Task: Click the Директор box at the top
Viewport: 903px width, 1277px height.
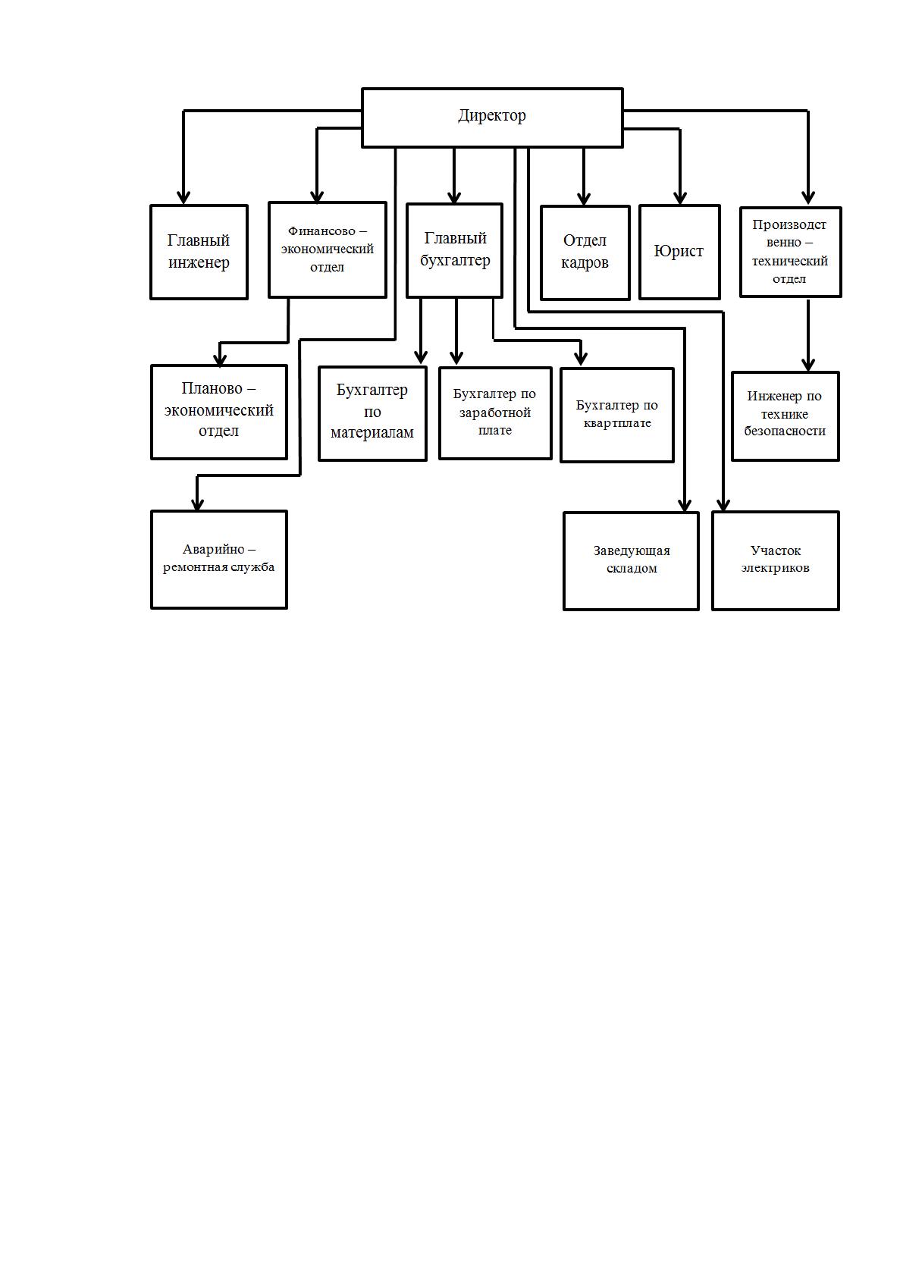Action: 492,118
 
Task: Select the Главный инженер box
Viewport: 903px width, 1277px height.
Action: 199,252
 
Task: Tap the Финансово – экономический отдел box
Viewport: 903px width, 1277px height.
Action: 328,249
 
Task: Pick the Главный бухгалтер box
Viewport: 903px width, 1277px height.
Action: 454,250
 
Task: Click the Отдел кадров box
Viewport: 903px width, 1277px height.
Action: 585,253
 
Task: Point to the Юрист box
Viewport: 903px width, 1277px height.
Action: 679,252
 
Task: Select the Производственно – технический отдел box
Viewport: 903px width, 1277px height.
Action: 790,252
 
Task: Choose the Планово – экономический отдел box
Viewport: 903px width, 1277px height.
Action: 219,412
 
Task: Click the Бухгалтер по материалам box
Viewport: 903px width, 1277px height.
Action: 372,413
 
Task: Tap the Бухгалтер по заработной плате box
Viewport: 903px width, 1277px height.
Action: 495,413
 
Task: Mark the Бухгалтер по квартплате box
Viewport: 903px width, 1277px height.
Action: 617,415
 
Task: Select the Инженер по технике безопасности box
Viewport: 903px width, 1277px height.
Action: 785,416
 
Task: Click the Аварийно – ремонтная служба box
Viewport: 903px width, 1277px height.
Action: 219,560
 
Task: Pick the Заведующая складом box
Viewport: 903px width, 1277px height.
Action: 631,561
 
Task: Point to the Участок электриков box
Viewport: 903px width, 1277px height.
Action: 776,560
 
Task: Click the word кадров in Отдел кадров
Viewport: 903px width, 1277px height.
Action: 585,262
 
